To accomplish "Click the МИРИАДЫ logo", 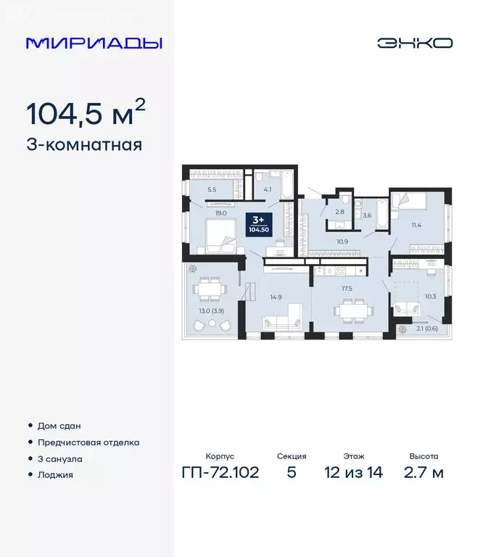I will [94, 43].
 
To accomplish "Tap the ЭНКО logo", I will [414, 43].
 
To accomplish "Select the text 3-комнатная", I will [84, 145].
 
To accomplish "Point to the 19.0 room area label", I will [221, 213].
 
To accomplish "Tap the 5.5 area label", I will [212, 189].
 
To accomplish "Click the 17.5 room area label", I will [347, 288].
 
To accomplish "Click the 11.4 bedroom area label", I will [416, 226].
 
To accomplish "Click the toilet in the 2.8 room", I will [346, 199].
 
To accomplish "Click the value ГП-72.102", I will [220, 474].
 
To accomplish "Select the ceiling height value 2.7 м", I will [424, 474].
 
